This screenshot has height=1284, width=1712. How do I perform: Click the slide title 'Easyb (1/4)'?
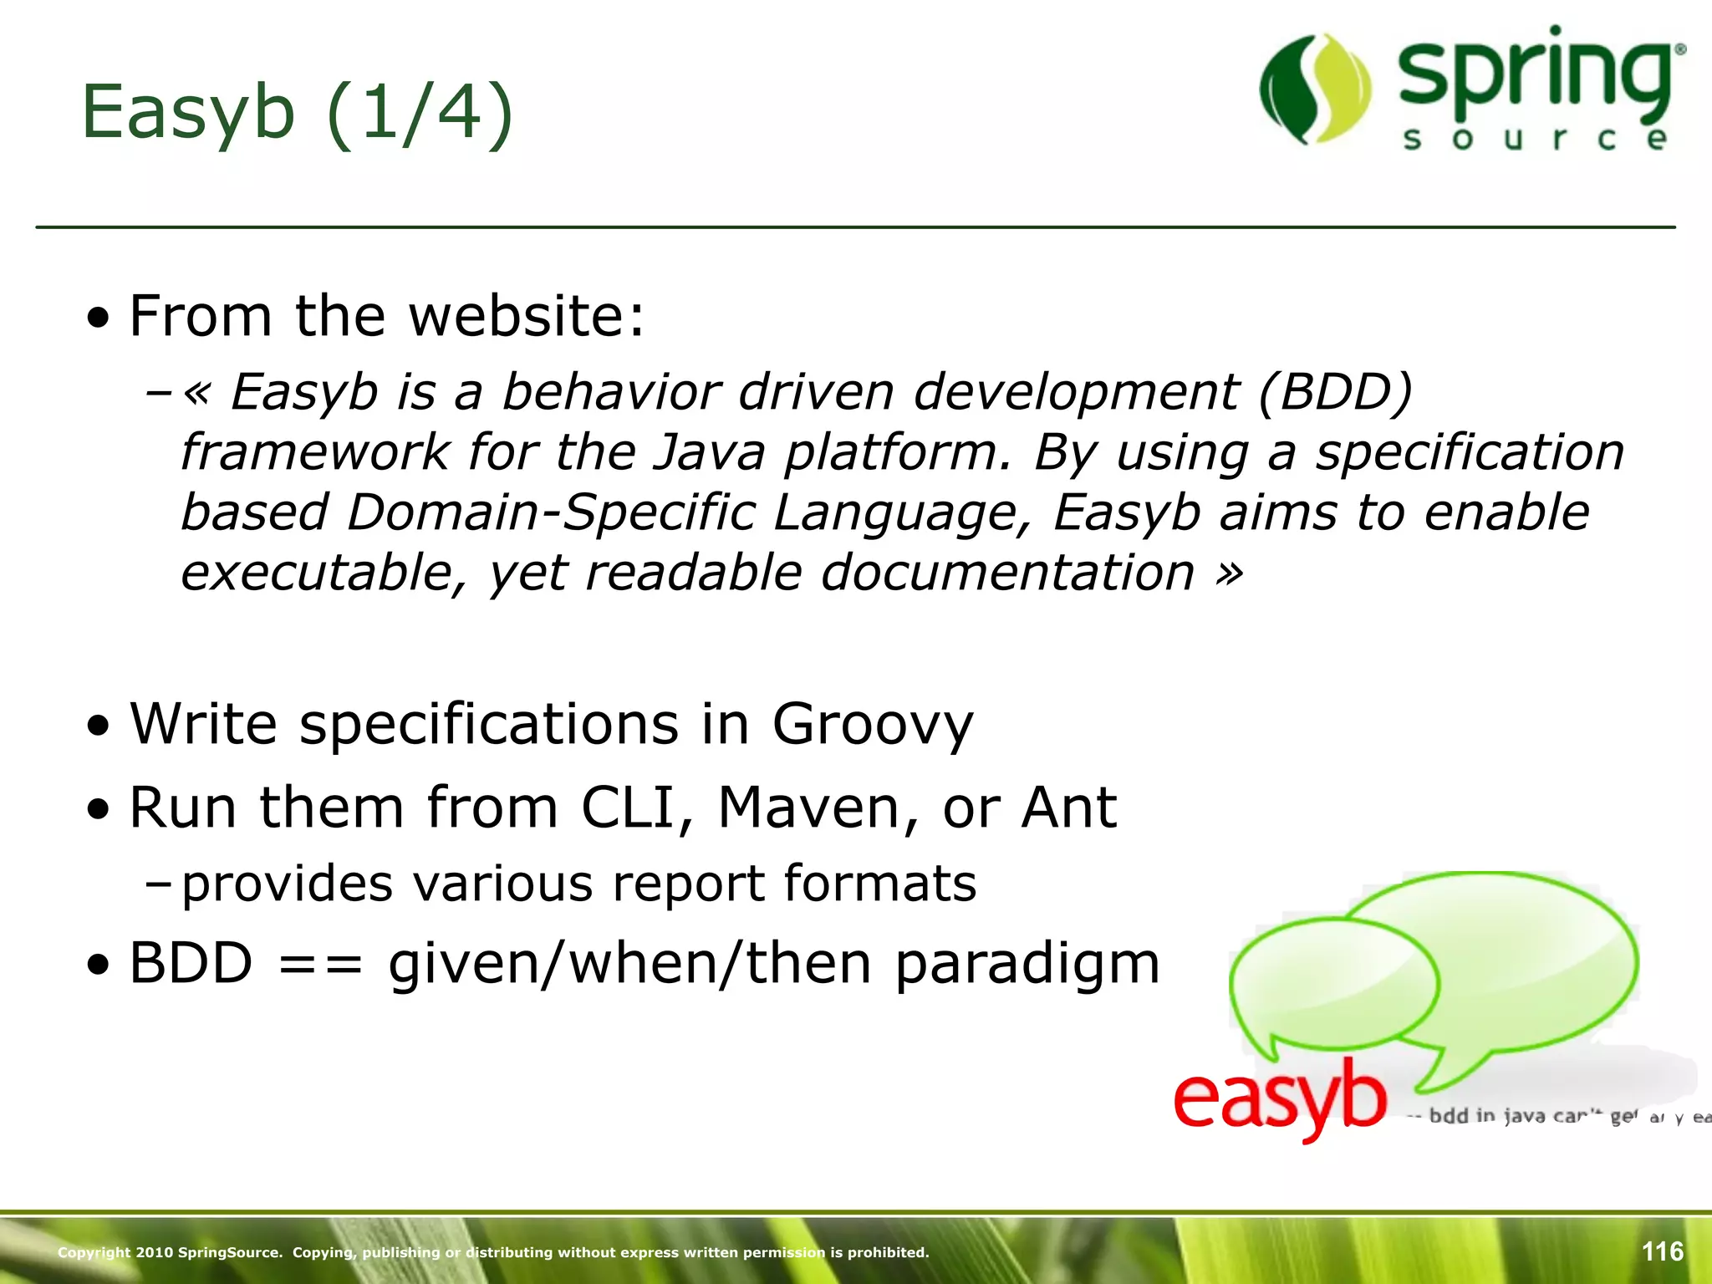click(x=297, y=113)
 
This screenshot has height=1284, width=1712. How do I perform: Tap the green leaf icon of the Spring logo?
click(x=1315, y=89)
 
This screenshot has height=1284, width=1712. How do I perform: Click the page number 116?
click(x=1662, y=1251)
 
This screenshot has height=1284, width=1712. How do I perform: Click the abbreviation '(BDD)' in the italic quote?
click(x=1335, y=391)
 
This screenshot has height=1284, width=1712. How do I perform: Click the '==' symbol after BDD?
click(x=320, y=963)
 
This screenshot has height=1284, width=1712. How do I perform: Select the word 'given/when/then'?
click(x=631, y=963)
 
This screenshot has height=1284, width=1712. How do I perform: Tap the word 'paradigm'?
click(x=1027, y=965)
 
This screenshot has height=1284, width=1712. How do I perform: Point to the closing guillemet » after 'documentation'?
click(x=1230, y=573)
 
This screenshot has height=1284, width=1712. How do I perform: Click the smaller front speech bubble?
click(x=1333, y=983)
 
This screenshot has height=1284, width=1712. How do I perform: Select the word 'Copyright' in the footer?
click(x=94, y=1252)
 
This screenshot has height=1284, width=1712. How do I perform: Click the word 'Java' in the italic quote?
click(x=709, y=452)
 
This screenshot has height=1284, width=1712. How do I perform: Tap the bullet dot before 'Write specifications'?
click(x=99, y=726)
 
